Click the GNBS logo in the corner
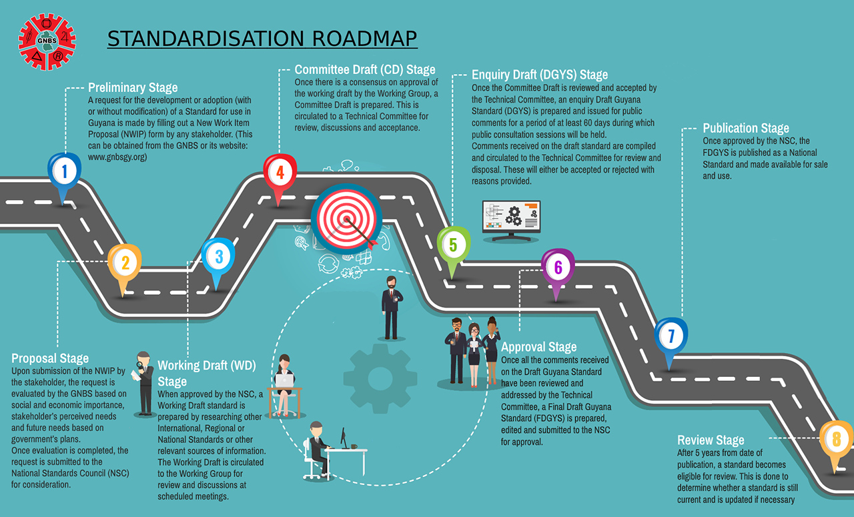pyautogui.click(x=46, y=43)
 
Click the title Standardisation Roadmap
pyautogui.click(x=262, y=39)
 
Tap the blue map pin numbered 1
pyautogui.click(x=64, y=173)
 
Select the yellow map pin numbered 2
pyautogui.click(x=124, y=264)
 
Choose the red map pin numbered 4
pyautogui.click(x=280, y=173)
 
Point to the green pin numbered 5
pyautogui.click(x=453, y=245)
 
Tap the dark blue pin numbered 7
pyautogui.click(x=671, y=338)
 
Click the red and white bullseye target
pyautogui.click(x=346, y=217)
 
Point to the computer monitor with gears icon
pyautogui.click(x=511, y=218)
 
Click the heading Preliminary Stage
pyautogui.click(x=133, y=88)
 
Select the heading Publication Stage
pyautogui.click(x=746, y=128)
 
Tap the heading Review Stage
pyautogui.click(x=711, y=440)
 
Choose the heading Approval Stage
pyautogui.click(x=538, y=347)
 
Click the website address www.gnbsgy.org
pyautogui.click(x=117, y=157)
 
